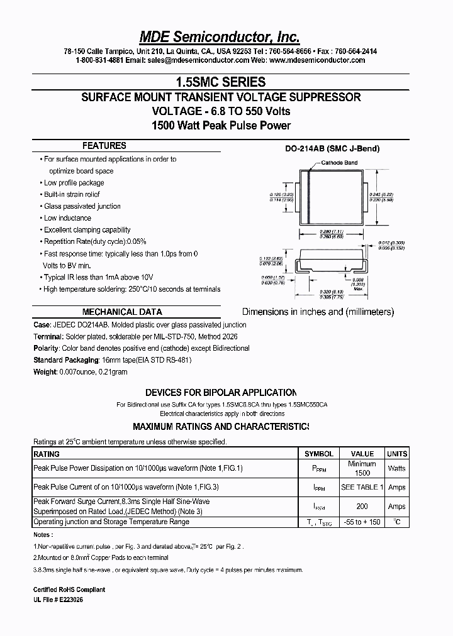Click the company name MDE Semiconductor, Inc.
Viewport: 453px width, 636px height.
coord(220,36)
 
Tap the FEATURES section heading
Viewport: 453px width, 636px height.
coord(104,145)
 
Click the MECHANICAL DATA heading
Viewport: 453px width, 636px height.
coord(122,312)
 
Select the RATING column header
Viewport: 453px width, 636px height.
coord(47,454)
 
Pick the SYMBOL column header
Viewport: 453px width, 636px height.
coord(319,454)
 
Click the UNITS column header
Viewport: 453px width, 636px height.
coord(396,454)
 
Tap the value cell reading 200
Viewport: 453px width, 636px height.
coord(362,507)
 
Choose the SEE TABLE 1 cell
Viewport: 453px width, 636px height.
coord(362,487)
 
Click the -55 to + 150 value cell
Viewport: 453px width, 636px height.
coord(362,522)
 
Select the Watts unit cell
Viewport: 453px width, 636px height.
coord(396,468)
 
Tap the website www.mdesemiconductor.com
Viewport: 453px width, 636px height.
coord(317,60)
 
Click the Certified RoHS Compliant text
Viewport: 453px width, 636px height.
coord(69,589)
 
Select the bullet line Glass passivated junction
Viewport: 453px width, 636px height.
coord(82,206)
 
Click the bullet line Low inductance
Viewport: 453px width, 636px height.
coord(67,218)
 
